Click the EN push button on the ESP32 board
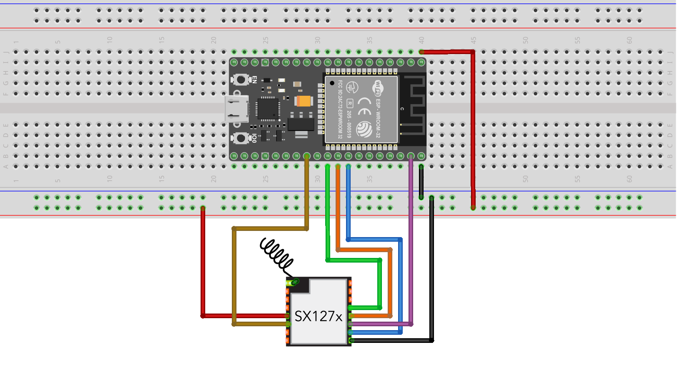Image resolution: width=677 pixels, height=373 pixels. [241, 80]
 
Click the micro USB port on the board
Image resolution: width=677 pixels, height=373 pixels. [236, 109]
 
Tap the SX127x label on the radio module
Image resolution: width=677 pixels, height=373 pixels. [318, 317]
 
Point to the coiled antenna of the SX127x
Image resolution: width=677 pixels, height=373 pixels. [276, 254]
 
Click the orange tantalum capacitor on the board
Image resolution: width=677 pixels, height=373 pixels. [304, 101]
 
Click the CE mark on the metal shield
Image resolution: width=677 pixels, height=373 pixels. [364, 107]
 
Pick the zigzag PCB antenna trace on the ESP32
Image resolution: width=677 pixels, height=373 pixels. [415, 104]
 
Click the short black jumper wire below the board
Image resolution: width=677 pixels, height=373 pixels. [421, 181]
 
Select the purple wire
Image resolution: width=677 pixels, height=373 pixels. [411, 239]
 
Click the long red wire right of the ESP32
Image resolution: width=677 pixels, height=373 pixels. [473, 127]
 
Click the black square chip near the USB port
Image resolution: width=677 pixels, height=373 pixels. [268, 109]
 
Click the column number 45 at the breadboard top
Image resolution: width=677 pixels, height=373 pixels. [473, 40]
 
